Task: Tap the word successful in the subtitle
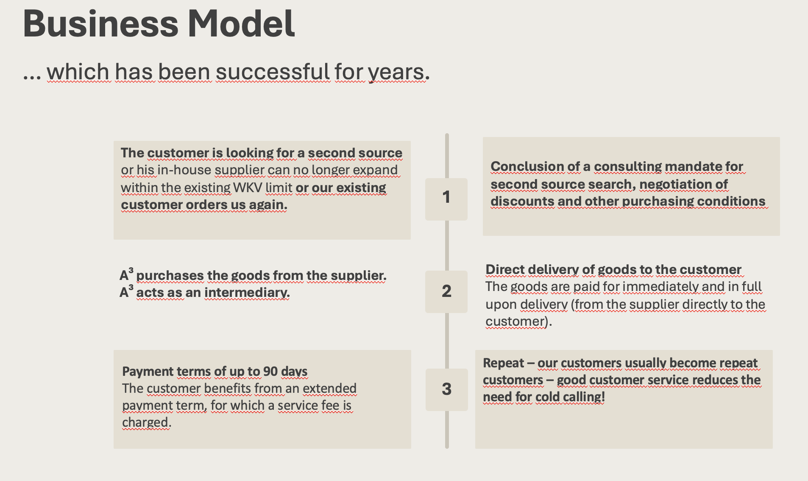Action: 273,71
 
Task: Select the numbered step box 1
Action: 446,199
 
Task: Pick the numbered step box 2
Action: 446,292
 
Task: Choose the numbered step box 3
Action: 447,389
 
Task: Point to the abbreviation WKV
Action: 248,187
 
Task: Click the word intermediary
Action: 247,292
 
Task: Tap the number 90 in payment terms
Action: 270,371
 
